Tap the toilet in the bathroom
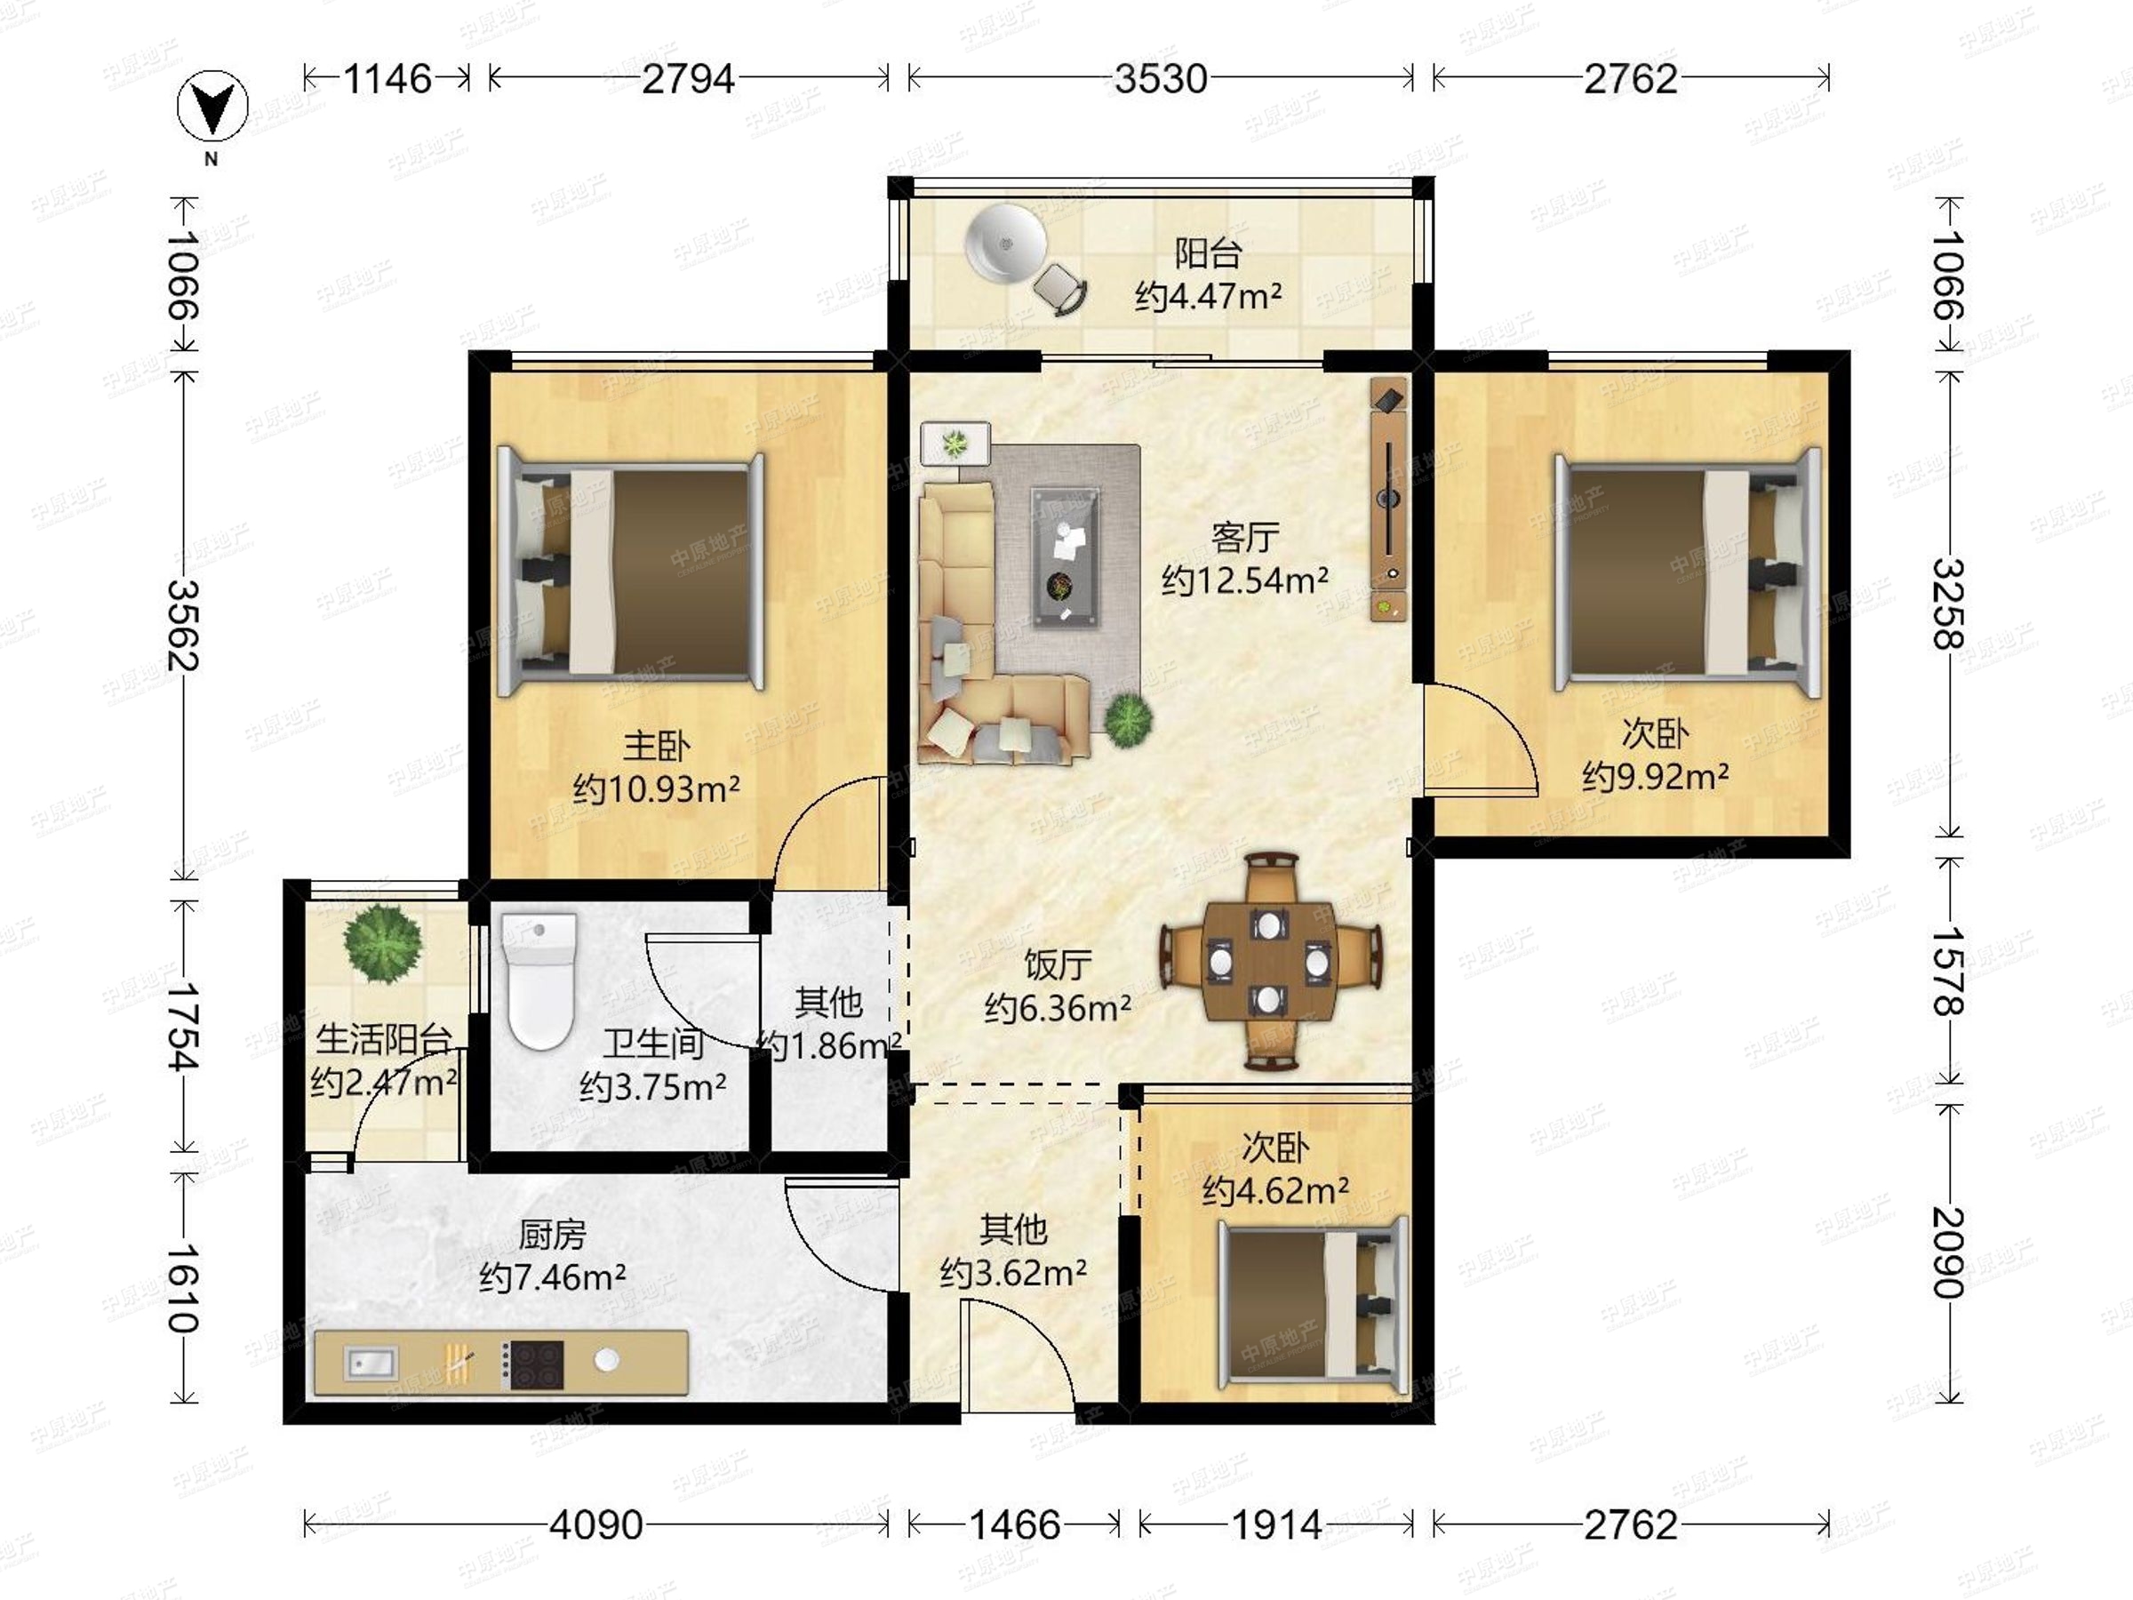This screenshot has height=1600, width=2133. coord(538,980)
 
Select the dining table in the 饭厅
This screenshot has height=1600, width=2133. coord(1268,961)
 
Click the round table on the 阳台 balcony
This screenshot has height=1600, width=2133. coord(1006,244)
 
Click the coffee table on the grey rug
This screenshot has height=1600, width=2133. coord(1065,557)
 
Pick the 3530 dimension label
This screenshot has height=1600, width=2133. coord(1161,78)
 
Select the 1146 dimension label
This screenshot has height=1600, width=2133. coord(387,78)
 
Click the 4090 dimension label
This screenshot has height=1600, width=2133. coord(596,1524)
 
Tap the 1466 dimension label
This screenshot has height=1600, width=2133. coord(1014,1524)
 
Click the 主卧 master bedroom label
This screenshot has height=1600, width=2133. coord(656,746)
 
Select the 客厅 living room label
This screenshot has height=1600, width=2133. coord(1245,537)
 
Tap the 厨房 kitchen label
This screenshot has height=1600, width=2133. coord(552,1235)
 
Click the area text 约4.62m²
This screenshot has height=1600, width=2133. coord(1274,1191)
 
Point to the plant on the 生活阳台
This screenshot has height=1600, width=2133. coord(383,943)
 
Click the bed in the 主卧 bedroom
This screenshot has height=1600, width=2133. coord(631,572)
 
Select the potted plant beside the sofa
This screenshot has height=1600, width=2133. coord(1128,719)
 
